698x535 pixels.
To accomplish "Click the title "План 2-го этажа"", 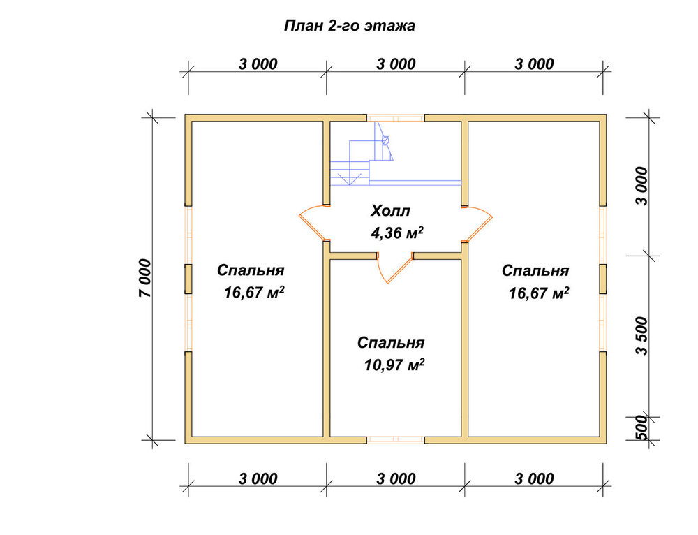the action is click(350, 26).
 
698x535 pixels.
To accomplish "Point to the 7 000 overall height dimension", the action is click(145, 278).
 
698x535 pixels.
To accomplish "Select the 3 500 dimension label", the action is click(642, 335).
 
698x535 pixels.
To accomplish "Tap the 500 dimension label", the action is click(642, 427).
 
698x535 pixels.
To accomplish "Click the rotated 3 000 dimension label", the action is click(642, 186).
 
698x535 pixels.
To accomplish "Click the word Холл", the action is click(390, 211).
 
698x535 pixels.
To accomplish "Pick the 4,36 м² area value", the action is click(397, 232).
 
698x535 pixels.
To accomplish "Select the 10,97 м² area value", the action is click(394, 365).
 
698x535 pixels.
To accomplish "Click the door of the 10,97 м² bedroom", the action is click(394, 267).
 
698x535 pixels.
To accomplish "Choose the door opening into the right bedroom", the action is click(477, 223).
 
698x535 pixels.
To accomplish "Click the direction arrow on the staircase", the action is click(350, 178).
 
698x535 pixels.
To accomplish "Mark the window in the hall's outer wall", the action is click(395, 118).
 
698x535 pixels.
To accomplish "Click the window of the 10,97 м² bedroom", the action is click(395, 440).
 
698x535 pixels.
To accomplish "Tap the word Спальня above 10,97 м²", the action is click(391, 343).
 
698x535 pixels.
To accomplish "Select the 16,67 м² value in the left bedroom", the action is click(254, 293).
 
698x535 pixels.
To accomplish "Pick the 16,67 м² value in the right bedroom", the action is click(539, 293).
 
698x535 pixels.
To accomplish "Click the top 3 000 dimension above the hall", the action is click(396, 64).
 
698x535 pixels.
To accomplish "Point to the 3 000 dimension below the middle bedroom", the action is click(396, 479).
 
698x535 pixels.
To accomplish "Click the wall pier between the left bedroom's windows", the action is click(188, 279).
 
